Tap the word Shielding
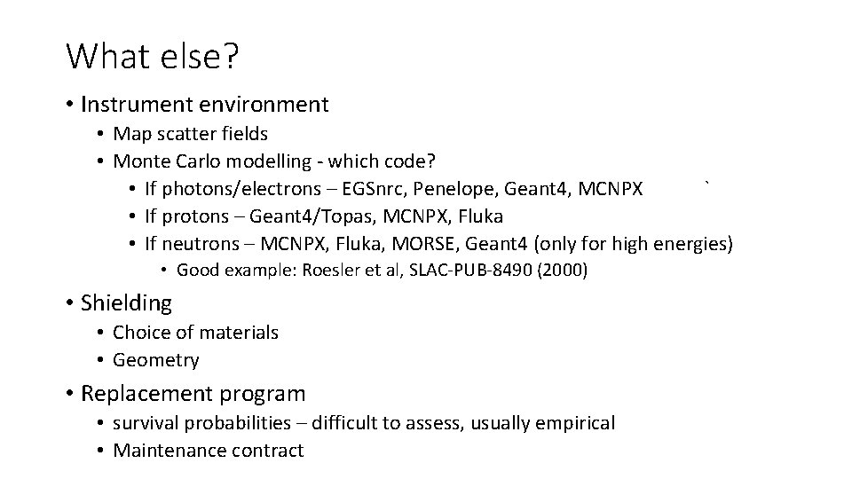pos(126,303)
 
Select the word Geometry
pos(156,360)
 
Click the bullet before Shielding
pos(69,303)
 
